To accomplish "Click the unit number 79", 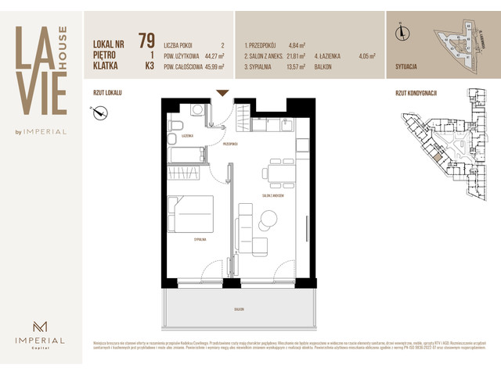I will tap(146, 41).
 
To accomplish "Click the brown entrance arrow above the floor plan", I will tap(222, 93).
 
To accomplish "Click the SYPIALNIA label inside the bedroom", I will tap(200, 240).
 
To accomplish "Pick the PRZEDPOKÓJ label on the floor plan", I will tap(229, 144).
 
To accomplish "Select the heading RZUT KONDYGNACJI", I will tap(416, 93).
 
